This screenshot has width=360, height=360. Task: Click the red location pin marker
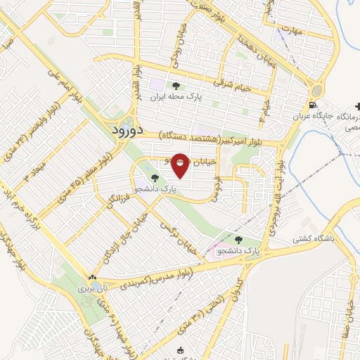[x=180, y=166]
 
